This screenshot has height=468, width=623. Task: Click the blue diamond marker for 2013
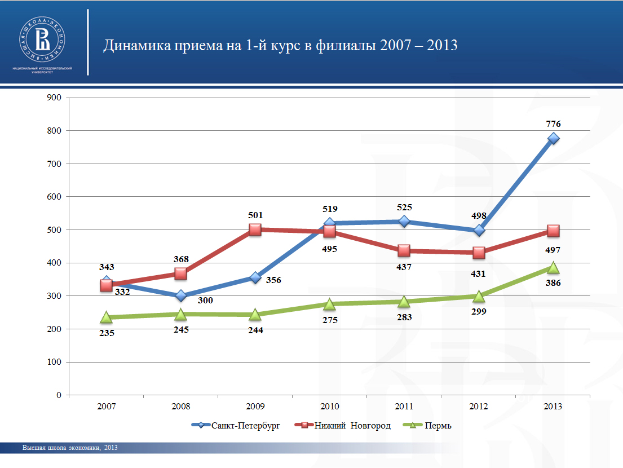(x=553, y=138)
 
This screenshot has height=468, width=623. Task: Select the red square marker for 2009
(x=255, y=229)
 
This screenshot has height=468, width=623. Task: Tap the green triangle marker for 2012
(x=479, y=296)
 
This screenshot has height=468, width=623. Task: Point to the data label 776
(x=553, y=123)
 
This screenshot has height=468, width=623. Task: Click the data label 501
(x=255, y=215)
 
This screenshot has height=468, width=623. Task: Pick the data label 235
(x=107, y=333)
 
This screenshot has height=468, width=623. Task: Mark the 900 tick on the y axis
(x=54, y=98)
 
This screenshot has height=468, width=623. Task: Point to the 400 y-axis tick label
(x=54, y=263)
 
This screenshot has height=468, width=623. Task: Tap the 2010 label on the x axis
(x=330, y=406)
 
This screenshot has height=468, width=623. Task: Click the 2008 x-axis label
(x=181, y=406)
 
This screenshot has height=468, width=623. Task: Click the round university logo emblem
(x=43, y=39)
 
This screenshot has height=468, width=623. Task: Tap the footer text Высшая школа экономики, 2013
(x=70, y=448)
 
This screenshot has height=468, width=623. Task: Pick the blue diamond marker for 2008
(x=181, y=295)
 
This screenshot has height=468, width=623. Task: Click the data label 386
(x=553, y=282)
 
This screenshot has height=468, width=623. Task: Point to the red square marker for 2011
(x=404, y=251)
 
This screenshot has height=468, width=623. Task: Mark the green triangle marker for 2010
(x=330, y=304)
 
